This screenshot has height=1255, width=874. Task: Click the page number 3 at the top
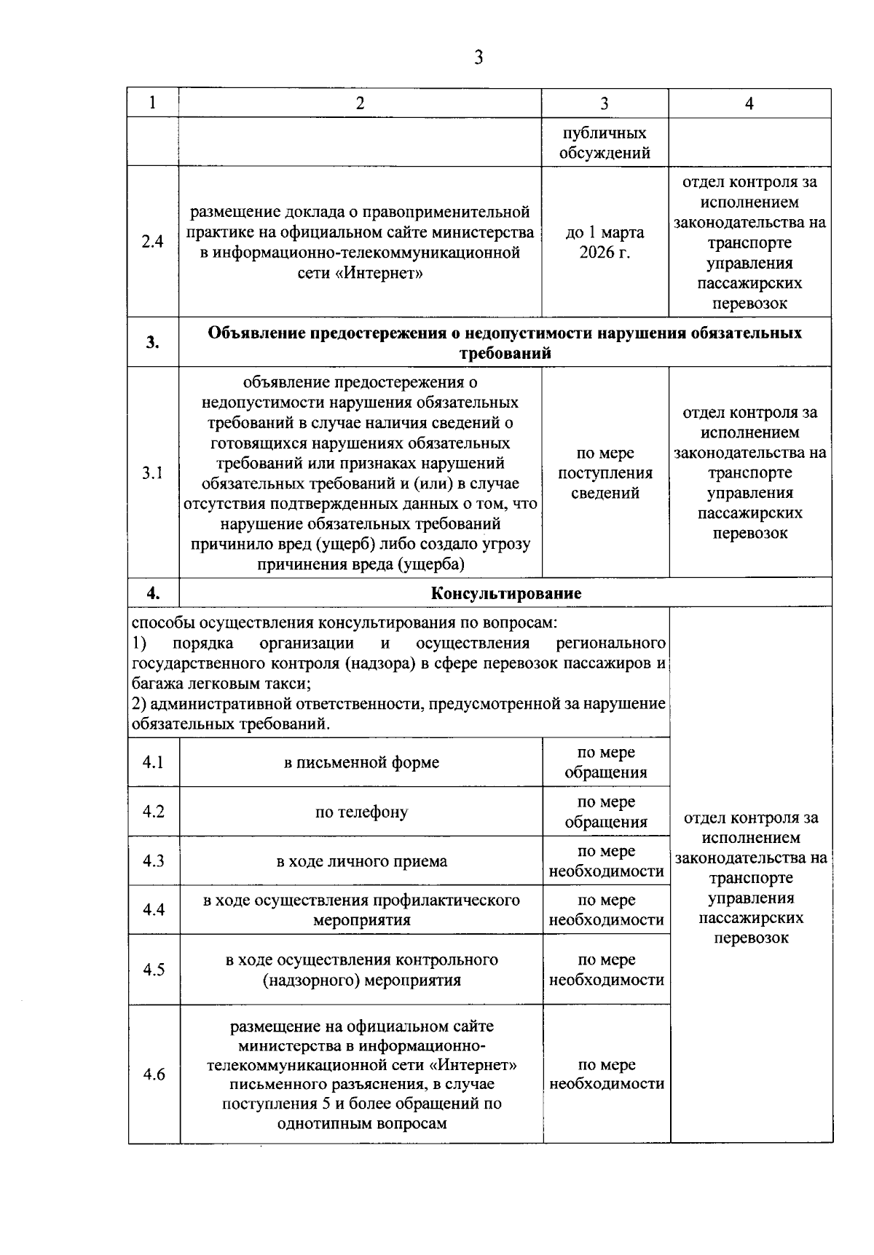(x=478, y=58)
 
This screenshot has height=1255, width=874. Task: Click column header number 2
(x=360, y=103)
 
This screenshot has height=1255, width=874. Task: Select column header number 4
(x=749, y=103)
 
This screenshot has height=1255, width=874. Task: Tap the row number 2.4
(x=152, y=242)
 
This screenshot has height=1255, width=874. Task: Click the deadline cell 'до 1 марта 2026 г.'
(x=605, y=242)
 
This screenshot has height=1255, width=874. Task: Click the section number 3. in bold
(x=152, y=343)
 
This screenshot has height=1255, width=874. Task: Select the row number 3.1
(x=152, y=473)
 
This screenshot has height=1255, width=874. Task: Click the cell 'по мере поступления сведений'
(x=605, y=473)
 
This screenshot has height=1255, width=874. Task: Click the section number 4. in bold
(x=152, y=593)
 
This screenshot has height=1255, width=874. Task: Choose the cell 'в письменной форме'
(x=361, y=763)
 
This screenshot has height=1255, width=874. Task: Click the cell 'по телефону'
(x=361, y=812)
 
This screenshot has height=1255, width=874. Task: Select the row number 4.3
(x=154, y=861)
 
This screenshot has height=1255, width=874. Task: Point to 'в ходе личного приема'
(x=361, y=862)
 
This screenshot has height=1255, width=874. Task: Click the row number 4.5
(x=154, y=970)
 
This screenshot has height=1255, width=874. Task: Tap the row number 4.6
(x=154, y=1074)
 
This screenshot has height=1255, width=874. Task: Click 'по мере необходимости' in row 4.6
(x=606, y=1074)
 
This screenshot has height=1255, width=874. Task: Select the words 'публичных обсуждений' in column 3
(x=605, y=143)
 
